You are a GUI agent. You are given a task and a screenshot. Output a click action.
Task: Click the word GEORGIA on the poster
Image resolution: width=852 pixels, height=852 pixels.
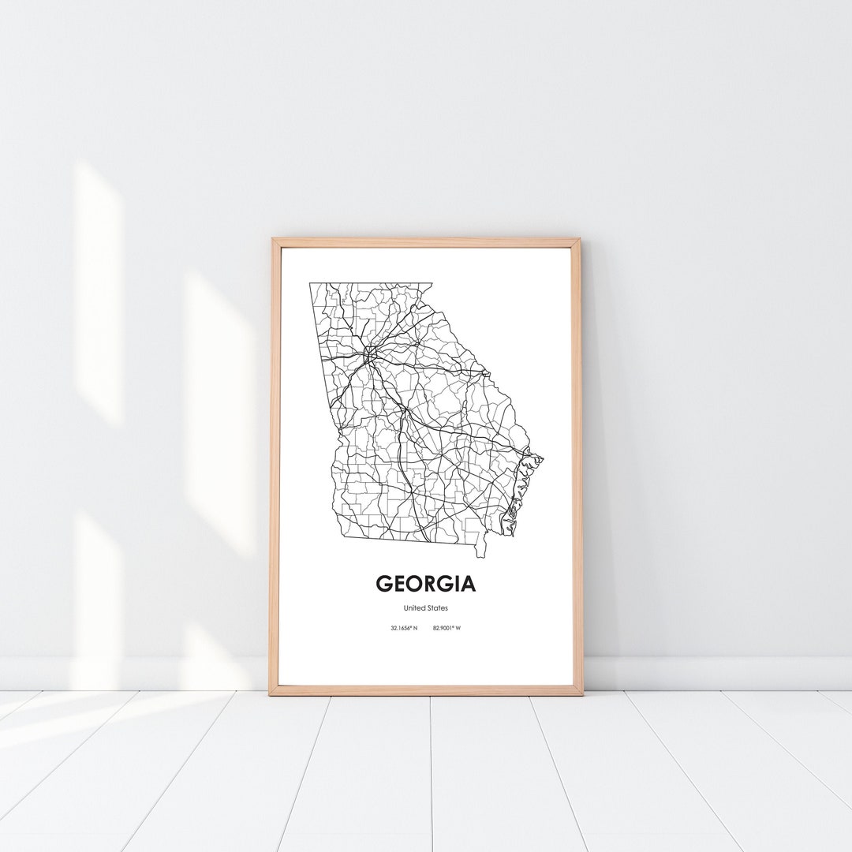pyautogui.click(x=425, y=584)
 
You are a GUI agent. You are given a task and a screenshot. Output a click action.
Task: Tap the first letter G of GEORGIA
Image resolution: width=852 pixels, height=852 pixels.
pyautogui.click(x=384, y=584)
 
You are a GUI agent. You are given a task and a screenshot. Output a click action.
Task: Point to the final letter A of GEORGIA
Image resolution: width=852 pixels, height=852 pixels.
pyautogui.click(x=468, y=584)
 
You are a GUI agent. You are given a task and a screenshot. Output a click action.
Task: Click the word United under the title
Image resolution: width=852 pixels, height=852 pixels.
pyautogui.click(x=414, y=608)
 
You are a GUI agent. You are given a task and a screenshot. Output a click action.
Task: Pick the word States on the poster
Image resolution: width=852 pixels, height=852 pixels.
pyautogui.click(x=437, y=608)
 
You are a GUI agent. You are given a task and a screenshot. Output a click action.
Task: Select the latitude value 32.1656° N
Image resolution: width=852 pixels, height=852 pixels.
pyautogui.click(x=404, y=629)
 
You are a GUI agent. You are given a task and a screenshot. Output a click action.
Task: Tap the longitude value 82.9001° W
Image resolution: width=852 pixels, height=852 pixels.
pyautogui.click(x=447, y=629)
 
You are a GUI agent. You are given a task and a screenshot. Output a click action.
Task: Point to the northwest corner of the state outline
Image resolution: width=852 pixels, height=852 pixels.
pyautogui.click(x=309, y=282)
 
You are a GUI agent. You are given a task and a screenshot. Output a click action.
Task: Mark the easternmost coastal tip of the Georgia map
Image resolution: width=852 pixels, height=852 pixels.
pyautogui.click(x=543, y=458)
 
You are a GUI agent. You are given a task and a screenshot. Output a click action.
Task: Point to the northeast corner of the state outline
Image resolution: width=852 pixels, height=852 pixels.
pyautogui.click(x=432, y=282)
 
